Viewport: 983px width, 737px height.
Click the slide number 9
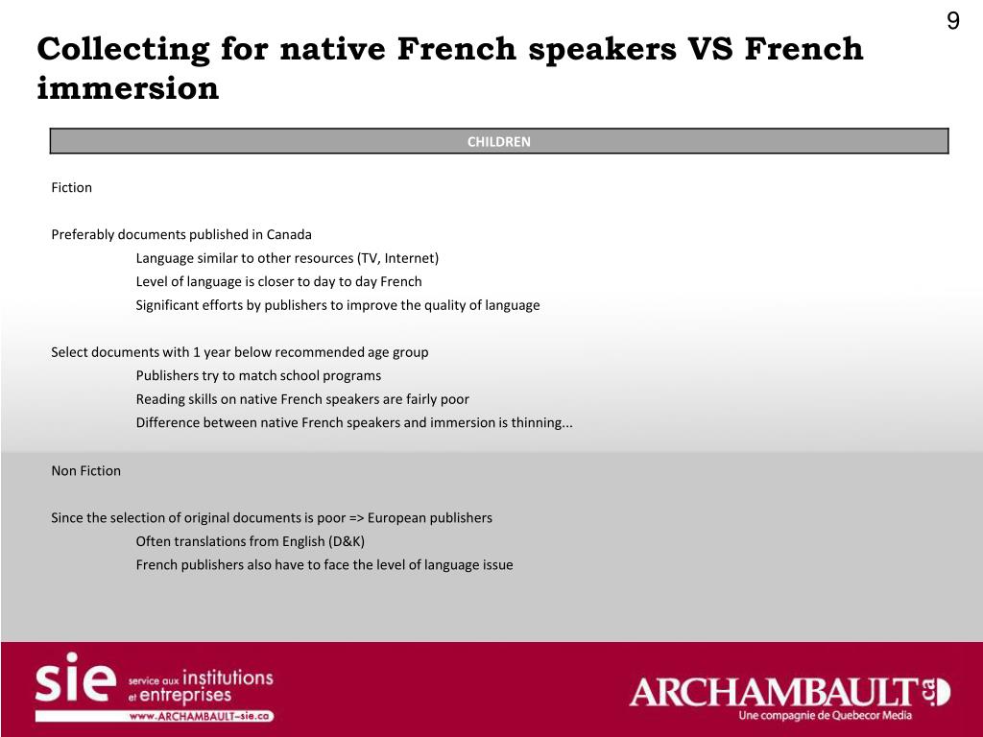coord(952,21)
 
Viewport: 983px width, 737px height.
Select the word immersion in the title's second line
coord(128,89)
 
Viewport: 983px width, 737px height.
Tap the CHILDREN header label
coord(498,141)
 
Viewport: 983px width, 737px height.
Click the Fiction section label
coord(71,187)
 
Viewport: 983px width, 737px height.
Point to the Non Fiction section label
coord(85,470)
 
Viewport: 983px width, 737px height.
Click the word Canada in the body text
coord(289,234)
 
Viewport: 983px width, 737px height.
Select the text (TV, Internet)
coord(397,258)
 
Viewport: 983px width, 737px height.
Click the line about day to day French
coord(278,281)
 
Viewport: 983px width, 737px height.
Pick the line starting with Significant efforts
coord(337,305)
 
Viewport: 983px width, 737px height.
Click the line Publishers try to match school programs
coord(258,375)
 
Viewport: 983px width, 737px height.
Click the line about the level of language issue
coord(324,564)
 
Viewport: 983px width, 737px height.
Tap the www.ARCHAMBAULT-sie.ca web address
coord(201,716)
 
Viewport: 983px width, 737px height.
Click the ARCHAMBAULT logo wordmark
coord(773,691)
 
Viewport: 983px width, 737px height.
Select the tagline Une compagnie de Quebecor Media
coord(825,716)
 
